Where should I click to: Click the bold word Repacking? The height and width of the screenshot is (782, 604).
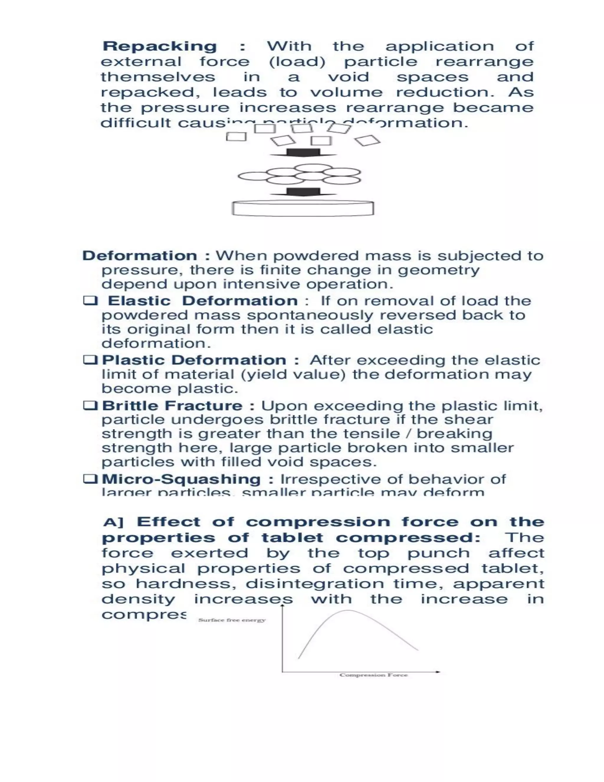point(160,47)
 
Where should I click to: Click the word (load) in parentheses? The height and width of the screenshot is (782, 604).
point(297,62)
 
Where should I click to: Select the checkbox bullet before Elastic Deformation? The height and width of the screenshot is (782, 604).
point(90,300)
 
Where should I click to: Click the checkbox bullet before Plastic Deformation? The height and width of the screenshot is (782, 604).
point(90,359)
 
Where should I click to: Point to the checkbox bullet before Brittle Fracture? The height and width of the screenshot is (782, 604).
point(90,406)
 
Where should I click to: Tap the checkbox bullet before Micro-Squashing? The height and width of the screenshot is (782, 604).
point(90,479)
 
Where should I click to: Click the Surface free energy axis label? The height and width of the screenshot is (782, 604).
point(232,620)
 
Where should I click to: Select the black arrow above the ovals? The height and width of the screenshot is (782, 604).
point(303,153)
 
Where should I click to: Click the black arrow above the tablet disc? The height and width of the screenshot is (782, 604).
point(303,192)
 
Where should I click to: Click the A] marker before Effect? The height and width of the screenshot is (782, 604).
point(113,523)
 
